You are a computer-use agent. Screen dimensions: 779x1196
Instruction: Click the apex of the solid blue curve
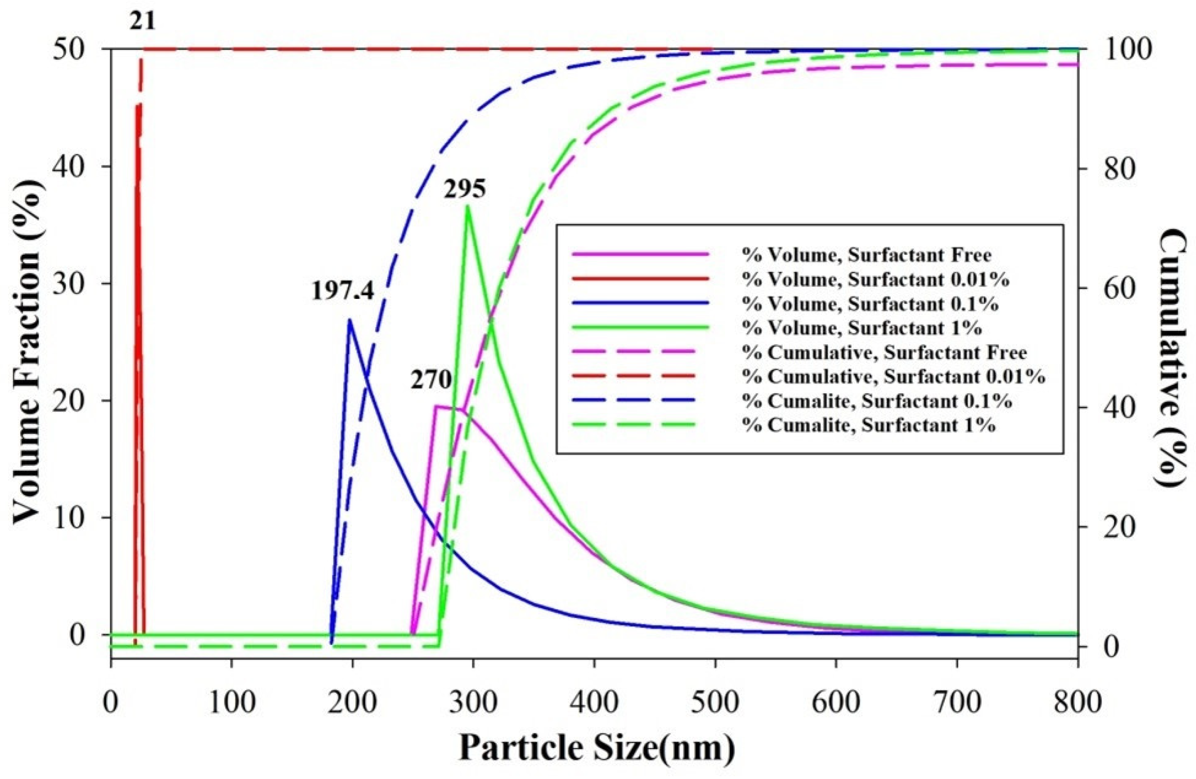click(350, 320)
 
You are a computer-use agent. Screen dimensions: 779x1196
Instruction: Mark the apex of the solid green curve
click(467, 206)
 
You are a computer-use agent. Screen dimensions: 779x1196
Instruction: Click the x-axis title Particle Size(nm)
click(597, 748)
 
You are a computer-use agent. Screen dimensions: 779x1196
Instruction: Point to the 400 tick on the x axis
click(595, 703)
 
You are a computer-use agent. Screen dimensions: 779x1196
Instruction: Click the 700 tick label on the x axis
click(957, 703)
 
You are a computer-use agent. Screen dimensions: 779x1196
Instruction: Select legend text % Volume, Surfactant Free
click(867, 255)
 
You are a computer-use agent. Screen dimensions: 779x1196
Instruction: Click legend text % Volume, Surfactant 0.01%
click(875, 280)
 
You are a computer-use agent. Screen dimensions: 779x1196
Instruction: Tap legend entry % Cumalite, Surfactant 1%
click(869, 425)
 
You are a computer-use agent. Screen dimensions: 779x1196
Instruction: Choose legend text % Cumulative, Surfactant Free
click(884, 352)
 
